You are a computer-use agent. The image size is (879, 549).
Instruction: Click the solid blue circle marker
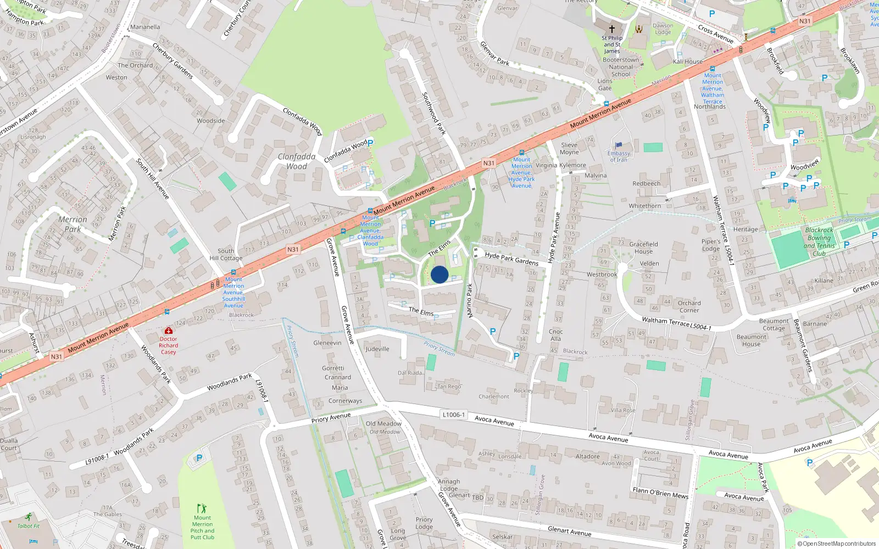(439, 274)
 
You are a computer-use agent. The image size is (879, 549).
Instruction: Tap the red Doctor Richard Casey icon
(169, 330)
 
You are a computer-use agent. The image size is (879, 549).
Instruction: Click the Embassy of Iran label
(619, 156)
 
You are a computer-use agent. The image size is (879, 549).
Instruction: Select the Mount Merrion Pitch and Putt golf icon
(202, 508)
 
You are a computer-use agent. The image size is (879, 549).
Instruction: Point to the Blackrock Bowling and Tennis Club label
(819, 242)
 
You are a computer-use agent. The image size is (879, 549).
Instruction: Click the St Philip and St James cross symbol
(611, 29)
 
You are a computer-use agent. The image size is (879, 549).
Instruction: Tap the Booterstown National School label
(621, 67)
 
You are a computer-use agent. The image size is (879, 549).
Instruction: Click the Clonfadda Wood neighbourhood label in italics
(297, 161)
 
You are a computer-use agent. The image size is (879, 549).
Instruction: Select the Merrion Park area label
(73, 224)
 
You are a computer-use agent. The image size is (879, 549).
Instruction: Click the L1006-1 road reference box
(454, 414)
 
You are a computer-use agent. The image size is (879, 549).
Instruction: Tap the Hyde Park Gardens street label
(511, 259)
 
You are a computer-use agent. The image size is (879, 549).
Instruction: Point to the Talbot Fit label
(29, 526)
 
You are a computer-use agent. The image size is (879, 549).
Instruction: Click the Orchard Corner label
(689, 306)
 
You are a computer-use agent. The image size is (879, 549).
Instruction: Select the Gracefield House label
(643, 248)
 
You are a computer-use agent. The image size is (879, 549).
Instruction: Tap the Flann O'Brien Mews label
(660, 492)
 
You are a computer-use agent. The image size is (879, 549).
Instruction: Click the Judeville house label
(377, 349)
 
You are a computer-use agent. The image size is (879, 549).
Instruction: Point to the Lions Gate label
(604, 85)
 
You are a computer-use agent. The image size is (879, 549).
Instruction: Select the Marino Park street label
(470, 300)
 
